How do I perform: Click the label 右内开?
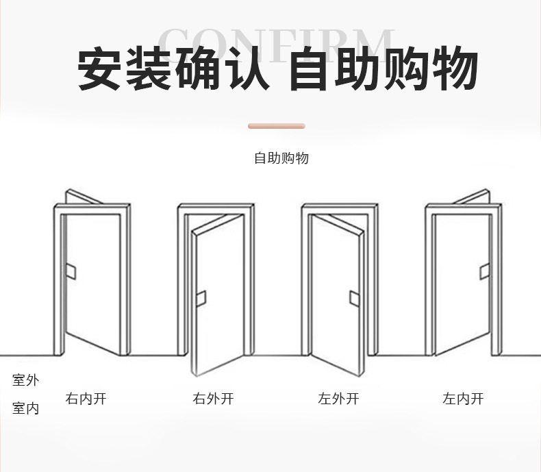[86, 398]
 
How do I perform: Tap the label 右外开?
[213, 398]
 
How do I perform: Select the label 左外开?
[338, 398]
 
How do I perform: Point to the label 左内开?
[463, 398]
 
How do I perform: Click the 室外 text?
[25, 380]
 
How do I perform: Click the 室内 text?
[25, 409]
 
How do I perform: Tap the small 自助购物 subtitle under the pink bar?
[281, 158]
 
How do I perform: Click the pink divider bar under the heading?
[276, 126]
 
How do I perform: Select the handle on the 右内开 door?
[71, 272]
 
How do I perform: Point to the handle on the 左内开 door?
[484, 272]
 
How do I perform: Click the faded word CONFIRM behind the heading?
[277, 42]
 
